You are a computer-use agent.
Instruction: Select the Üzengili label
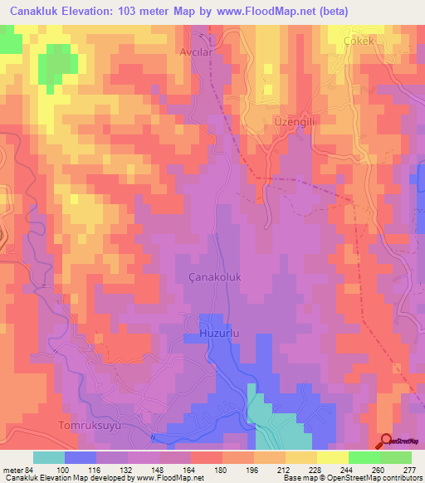tap(292, 121)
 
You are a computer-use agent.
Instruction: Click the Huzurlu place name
tap(219, 333)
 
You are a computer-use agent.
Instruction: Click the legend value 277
tap(409, 469)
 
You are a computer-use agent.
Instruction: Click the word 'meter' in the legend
tap(12, 469)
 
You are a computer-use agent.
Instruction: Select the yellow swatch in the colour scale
tap(332, 457)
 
